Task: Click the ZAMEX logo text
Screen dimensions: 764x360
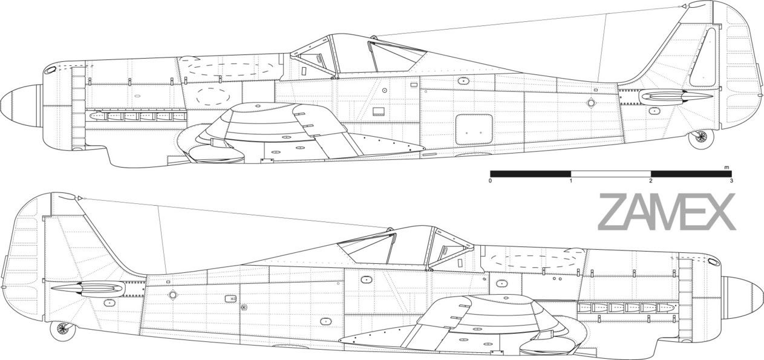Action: [x=667, y=212]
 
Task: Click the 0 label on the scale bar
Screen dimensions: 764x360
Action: [x=491, y=181]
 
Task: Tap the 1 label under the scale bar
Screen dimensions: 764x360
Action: [x=570, y=181]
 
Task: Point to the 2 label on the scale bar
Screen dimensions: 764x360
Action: [x=651, y=181]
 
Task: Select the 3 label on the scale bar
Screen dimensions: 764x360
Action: [x=731, y=181]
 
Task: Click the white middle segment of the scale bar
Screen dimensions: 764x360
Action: [x=611, y=174]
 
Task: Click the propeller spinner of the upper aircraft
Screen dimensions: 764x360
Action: [x=21, y=102]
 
